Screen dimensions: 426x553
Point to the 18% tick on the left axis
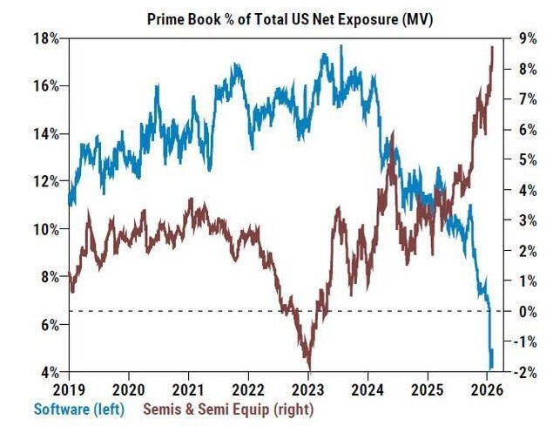tap(46, 38)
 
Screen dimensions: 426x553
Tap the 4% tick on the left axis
tap(49, 372)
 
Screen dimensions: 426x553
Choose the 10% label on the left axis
tap(46, 229)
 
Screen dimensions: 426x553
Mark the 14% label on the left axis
tap(46, 134)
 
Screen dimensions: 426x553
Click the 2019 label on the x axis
tap(69, 389)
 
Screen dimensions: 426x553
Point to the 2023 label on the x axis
tap(309, 389)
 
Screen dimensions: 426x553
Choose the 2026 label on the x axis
tap(489, 389)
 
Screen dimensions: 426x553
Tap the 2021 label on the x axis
tap(189, 389)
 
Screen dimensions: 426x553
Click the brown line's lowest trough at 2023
tap(308, 369)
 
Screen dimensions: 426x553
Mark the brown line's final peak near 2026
tap(493, 47)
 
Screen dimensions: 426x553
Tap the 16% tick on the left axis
tap(46, 86)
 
